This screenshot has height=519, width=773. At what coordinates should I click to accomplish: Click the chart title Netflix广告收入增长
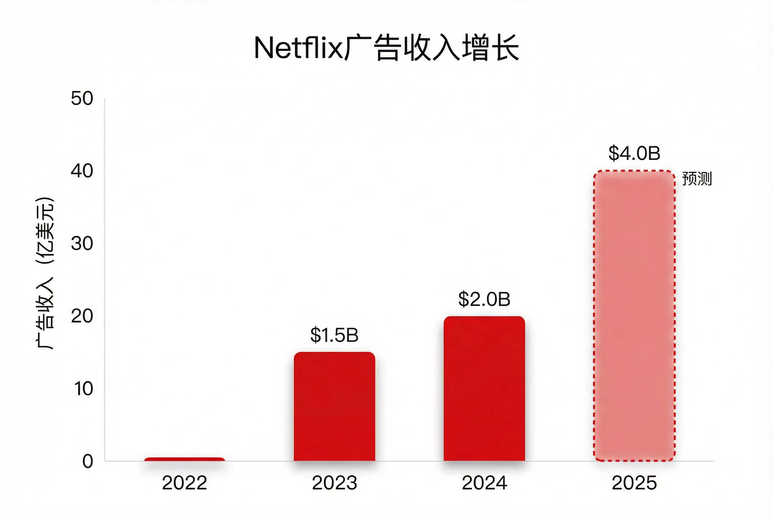pos(386,49)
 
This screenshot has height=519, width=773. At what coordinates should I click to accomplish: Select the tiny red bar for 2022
pos(185,459)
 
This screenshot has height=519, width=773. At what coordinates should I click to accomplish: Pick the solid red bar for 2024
pos(484,389)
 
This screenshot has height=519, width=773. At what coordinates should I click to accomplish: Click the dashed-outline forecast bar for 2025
pos(634,316)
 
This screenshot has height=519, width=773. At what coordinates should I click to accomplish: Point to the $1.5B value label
pos(335,335)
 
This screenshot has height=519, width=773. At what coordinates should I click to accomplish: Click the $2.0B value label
pos(484,299)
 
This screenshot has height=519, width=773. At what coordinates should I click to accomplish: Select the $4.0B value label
pos(634,153)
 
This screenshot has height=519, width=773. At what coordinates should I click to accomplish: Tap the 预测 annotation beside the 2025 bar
pos(697,179)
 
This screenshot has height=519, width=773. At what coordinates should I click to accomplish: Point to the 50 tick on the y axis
pos(82,99)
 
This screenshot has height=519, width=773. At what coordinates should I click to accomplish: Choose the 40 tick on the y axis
pos(82,171)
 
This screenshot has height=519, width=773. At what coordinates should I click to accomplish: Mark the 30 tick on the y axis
pos(82,244)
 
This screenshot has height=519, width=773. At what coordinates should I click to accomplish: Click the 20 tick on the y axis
pos(82,316)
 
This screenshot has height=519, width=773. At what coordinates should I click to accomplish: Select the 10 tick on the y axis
pos(83,389)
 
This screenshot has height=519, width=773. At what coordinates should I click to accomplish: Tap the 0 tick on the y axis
pos(88,461)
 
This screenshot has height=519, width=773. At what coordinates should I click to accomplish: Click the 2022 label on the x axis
pos(185,483)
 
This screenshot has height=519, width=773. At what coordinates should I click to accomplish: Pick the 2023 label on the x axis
pos(335,483)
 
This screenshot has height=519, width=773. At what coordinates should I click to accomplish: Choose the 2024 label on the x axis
pos(484,483)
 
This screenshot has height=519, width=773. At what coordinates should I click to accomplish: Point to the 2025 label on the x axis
pos(634,483)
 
